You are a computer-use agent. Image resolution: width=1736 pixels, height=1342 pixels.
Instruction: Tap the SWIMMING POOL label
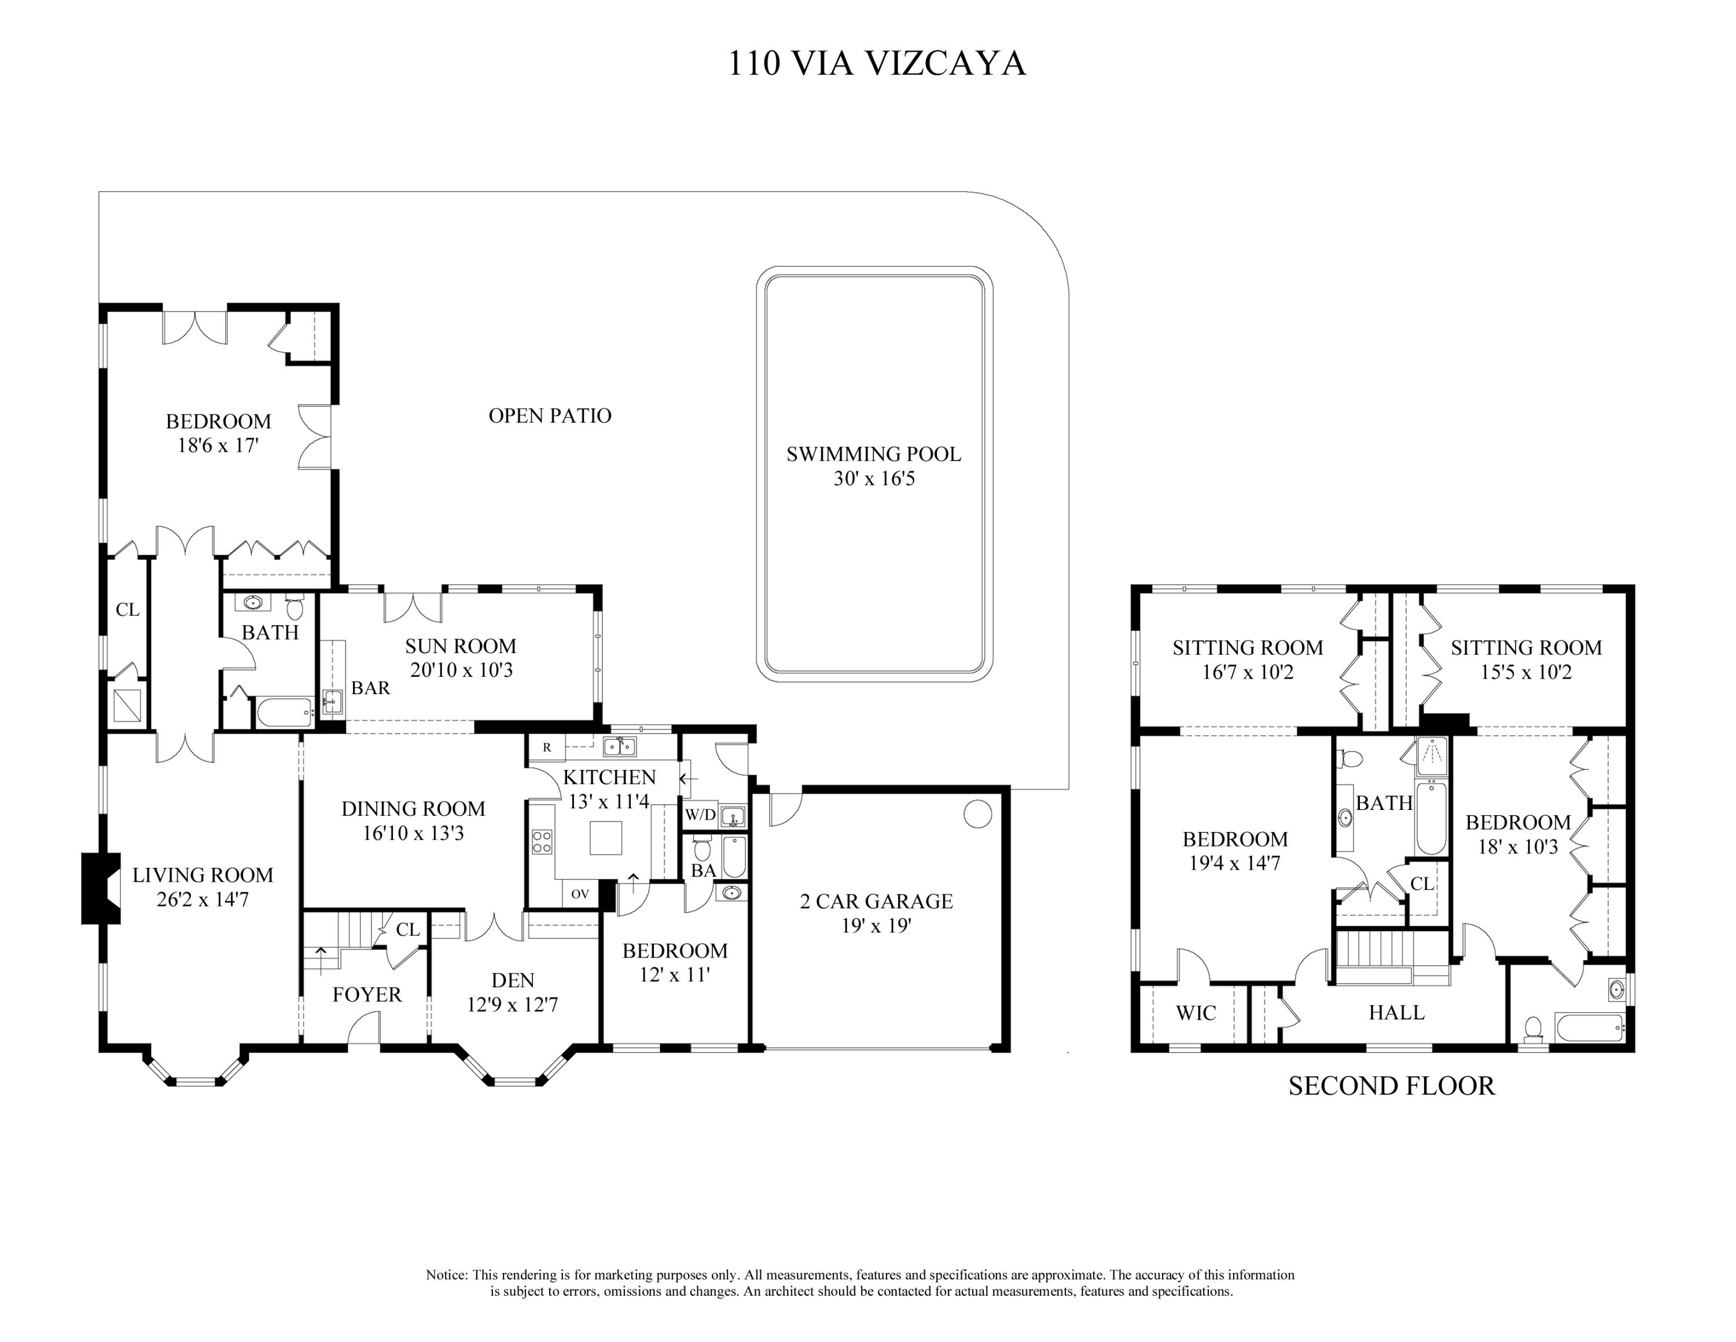pos(874,454)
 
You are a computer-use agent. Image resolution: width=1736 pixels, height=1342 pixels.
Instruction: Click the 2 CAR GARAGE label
pos(876,901)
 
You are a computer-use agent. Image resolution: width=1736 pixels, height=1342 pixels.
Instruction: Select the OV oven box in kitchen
pos(579,894)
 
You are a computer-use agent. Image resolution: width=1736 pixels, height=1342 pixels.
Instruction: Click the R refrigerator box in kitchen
pos(547,747)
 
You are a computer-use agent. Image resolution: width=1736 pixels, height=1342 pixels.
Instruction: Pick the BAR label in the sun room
pos(370,688)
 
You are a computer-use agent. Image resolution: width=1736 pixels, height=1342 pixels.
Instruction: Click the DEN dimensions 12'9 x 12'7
pos(512,1005)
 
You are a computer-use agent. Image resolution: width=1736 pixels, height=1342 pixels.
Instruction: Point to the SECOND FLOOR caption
pos(1391,1086)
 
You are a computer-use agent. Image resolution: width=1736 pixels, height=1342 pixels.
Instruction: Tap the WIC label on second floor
pos(1196,1013)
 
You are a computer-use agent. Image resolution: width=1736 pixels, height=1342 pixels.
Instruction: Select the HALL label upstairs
pos(1396,1013)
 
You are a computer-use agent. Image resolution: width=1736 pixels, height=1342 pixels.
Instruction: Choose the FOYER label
pos(366,995)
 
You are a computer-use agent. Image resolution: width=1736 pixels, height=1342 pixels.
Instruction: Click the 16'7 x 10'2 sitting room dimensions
pos(1247,673)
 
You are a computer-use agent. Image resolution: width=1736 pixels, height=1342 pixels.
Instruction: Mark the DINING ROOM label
pos(413,809)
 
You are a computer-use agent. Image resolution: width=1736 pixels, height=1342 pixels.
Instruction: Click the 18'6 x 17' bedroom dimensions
pos(218,445)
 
